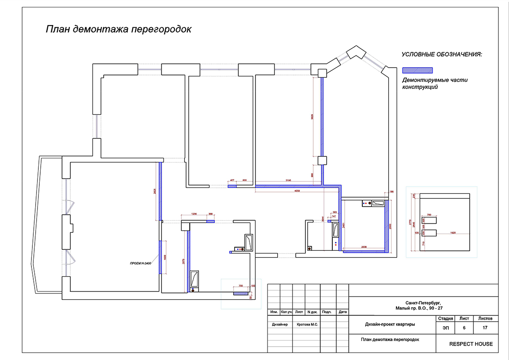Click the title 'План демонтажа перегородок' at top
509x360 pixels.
click(118, 30)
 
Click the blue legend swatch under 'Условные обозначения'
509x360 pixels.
click(418, 70)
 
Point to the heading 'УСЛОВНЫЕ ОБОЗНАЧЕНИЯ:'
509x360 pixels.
click(441, 55)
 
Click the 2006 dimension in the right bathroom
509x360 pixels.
click(364, 248)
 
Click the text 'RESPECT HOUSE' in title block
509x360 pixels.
click(471, 344)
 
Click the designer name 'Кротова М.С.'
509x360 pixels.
click(307, 324)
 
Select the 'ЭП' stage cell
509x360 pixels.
click(445, 328)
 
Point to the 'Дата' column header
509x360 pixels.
click(342, 312)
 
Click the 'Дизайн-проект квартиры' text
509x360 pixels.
click(390, 324)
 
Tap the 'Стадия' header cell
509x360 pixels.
click(445, 318)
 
